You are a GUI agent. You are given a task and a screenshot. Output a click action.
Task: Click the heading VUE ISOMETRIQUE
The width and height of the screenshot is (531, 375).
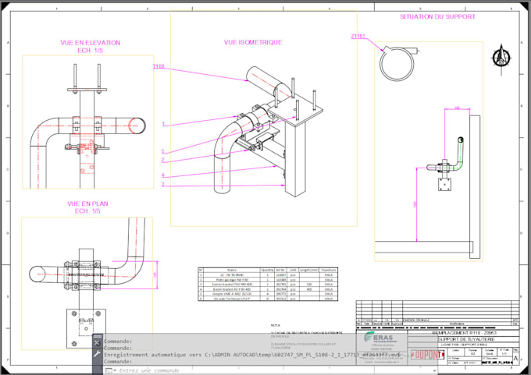tap(252, 42)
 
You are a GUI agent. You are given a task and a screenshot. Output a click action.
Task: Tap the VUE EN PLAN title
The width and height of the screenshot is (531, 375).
tap(87, 203)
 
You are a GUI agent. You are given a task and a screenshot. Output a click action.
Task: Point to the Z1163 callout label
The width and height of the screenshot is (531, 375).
tap(358, 35)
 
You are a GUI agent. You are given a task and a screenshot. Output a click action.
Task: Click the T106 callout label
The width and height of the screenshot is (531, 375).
tap(159, 67)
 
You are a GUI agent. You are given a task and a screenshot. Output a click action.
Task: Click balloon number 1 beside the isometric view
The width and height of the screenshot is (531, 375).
tap(163, 124)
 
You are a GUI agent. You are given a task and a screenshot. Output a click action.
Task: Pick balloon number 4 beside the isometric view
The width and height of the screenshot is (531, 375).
tap(163, 175)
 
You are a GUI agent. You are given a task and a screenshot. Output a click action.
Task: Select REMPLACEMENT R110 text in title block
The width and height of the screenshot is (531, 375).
tap(464, 333)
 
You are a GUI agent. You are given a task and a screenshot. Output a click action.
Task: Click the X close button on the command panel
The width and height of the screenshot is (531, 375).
tap(97, 341)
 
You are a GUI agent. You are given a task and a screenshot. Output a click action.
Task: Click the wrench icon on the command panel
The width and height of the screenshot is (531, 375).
tap(97, 353)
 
